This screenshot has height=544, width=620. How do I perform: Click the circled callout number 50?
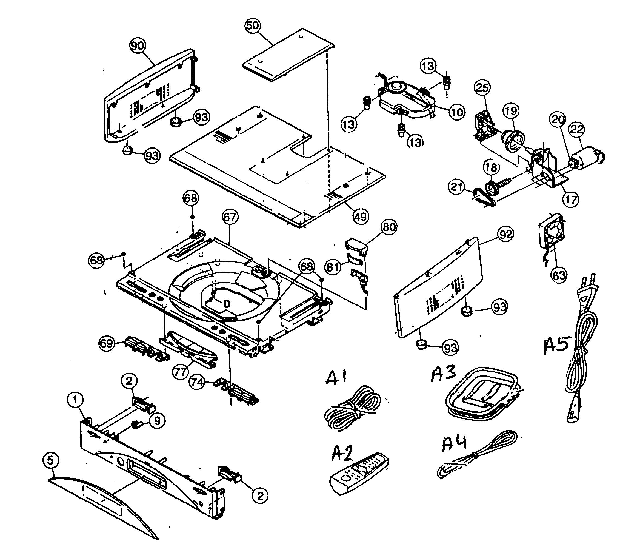click(x=252, y=25)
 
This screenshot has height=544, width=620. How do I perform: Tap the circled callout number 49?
click(x=360, y=216)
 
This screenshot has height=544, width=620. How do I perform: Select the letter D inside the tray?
click(x=227, y=304)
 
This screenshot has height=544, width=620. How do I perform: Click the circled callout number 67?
click(x=230, y=217)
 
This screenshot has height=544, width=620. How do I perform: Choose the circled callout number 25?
click(x=482, y=88)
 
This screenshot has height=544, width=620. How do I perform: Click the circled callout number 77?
click(x=180, y=372)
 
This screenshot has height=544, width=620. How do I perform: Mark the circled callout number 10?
click(x=456, y=112)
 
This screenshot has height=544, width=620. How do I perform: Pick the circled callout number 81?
click(x=333, y=267)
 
